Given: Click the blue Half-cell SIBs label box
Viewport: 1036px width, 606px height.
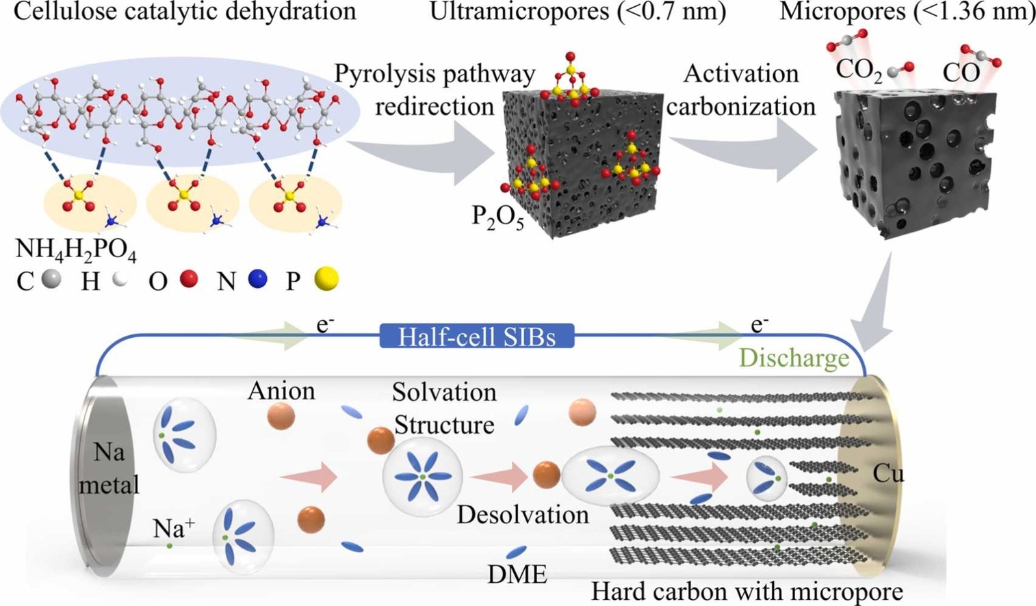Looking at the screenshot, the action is (x=477, y=336).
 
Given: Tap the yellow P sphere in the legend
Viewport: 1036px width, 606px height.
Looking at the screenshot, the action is (x=326, y=279).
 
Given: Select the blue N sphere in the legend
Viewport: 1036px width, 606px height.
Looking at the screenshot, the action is (x=257, y=279).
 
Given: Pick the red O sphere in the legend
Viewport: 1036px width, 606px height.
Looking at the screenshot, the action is (x=189, y=279).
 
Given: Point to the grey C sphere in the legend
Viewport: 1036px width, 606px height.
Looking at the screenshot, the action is (x=51, y=279).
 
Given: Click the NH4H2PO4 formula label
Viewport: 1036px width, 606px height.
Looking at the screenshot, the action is (x=76, y=252).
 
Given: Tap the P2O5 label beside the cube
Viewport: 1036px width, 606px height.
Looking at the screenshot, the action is (x=497, y=217).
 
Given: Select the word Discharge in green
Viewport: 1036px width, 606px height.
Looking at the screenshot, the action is (x=794, y=358).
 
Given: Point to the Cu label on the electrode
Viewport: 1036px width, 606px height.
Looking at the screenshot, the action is (x=888, y=474).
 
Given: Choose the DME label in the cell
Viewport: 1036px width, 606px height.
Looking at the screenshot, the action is (x=517, y=575).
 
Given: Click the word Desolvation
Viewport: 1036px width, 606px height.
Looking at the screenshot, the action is (x=523, y=514).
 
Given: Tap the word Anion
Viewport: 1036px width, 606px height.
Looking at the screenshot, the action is (x=282, y=391).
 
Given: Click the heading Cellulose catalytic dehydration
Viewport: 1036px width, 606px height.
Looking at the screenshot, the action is (x=185, y=11).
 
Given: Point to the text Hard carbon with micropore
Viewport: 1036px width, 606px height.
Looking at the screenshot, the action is (x=747, y=592).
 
